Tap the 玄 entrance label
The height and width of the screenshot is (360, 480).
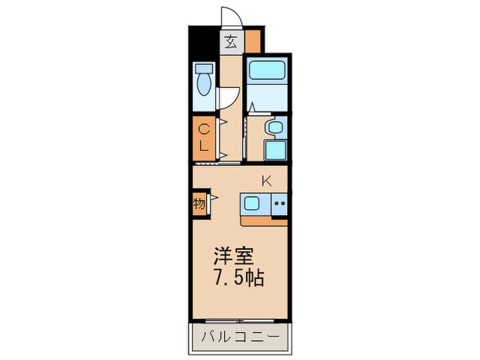tap(232, 42)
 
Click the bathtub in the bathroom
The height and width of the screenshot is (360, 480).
tap(266, 71)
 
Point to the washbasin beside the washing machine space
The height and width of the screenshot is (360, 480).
tap(275, 128)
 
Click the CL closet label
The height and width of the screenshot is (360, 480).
tap(204, 136)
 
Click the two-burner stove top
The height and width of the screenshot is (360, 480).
tap(279, 204)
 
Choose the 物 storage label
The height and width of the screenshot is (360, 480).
tap(199, 204)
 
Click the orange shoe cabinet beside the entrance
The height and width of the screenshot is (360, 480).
tap(254, 41)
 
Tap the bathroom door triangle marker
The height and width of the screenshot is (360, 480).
tap(252, 106)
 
